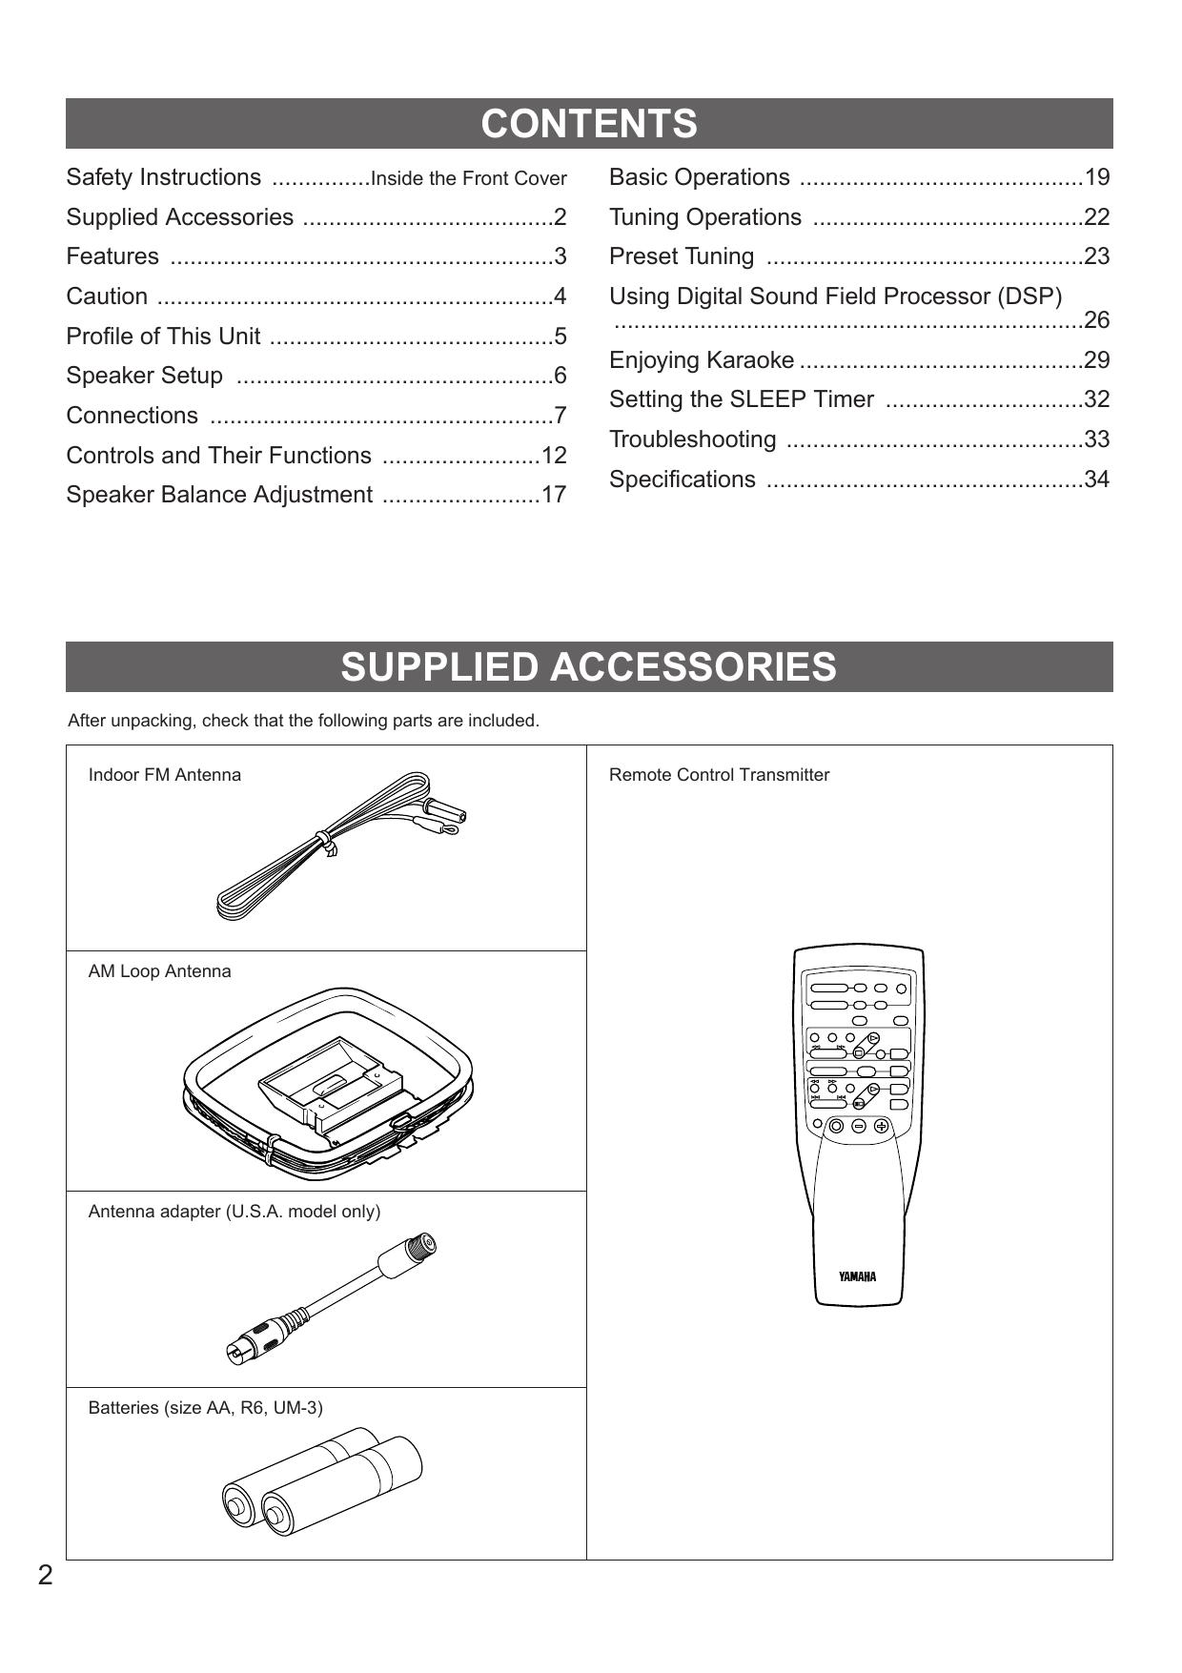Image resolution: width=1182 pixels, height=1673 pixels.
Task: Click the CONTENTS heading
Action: [589, 124]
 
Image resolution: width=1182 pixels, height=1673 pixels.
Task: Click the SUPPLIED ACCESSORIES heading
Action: [589, 667]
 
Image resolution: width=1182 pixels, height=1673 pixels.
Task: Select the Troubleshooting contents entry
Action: [693, 439]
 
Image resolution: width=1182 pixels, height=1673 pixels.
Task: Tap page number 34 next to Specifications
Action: [1096, 479]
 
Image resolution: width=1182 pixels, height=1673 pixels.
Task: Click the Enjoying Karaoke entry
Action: [702, 360]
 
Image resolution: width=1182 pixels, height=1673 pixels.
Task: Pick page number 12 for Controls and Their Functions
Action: [554, 456]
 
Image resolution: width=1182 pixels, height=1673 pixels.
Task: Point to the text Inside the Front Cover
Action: [468, 178]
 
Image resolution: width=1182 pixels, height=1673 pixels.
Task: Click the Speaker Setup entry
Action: [145, 376]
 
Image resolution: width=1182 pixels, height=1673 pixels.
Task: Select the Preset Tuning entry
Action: [682, 256]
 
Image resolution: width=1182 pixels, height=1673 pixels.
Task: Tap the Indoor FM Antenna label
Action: [165, 775]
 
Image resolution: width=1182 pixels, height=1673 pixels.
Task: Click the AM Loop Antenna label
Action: [160, 971]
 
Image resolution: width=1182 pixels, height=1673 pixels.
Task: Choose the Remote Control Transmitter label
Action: [719, 775]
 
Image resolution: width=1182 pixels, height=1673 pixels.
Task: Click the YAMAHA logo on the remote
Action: [857, 1277]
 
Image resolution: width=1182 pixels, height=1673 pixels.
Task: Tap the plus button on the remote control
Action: [881, 1126]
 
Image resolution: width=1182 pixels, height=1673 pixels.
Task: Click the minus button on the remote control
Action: [859, 1126]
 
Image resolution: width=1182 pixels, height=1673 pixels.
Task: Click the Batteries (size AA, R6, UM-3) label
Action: [206, 1408]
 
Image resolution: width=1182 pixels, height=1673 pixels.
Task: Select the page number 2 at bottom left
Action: [46, 1576]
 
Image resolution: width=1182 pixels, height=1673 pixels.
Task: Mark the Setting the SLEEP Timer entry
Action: [742, 399]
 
